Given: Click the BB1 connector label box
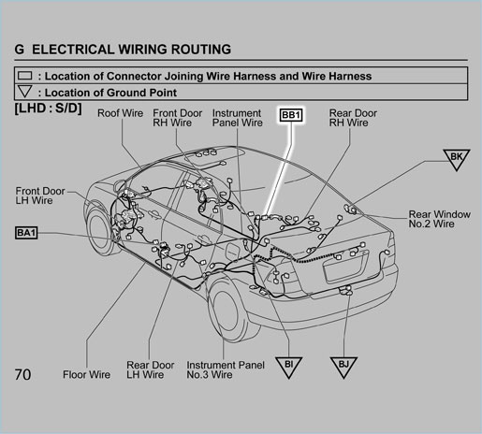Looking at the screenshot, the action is click(291, 115).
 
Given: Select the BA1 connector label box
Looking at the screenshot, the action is click(26, 233).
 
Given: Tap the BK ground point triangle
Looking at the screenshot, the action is click(457, 159).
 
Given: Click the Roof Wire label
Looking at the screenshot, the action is click(120, 113).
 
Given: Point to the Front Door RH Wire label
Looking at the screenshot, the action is click(177, 118).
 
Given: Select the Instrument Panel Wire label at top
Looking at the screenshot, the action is click(237, 118).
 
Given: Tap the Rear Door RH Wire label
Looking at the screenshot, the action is click(353, 118).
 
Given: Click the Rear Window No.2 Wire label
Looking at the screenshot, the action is click(440, 219).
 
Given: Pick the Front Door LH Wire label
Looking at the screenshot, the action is click(40, 195).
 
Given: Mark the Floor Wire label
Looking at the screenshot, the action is click(86, 374).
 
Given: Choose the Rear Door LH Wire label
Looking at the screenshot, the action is click(150, 369).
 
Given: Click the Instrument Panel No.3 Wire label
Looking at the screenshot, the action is click(226, 369).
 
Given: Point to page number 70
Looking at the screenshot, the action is click(22, 374).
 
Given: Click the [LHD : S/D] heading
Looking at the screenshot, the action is click(49, 108).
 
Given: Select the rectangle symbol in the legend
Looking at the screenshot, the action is click(25, 76).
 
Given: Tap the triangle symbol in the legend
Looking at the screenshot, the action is click(25, 92).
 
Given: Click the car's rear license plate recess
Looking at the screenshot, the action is click(345, 267).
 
